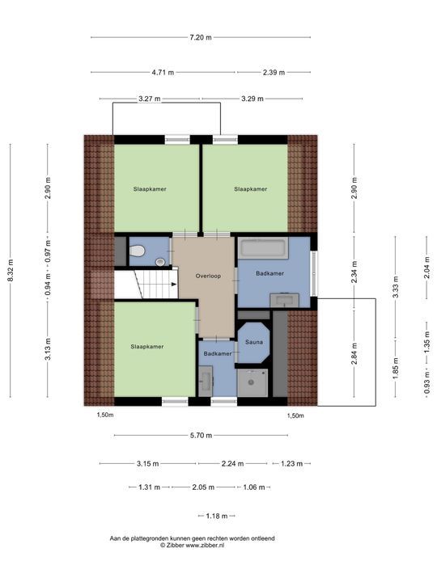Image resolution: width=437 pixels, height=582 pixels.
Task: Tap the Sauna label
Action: [x=255, y=342]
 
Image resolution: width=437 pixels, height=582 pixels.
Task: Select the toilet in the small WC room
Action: [x=138, y=251]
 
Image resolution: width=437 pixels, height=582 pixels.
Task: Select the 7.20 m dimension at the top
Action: [x=200, y=37]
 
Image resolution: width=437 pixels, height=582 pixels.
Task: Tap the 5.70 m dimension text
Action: [x=200, y=436]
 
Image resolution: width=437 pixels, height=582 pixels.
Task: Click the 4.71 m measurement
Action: [x=163, y=72]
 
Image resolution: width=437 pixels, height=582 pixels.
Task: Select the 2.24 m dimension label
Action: [x=234, y=464]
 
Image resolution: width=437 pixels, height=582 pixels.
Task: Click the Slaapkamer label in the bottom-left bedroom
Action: [x=147, y=346]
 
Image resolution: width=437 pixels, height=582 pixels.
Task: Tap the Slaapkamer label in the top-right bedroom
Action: [x=250, y=188]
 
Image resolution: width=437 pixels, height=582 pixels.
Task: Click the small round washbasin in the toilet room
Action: [x=160, y=262]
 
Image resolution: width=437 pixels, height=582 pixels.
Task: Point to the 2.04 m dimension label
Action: [x=427, y=265]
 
